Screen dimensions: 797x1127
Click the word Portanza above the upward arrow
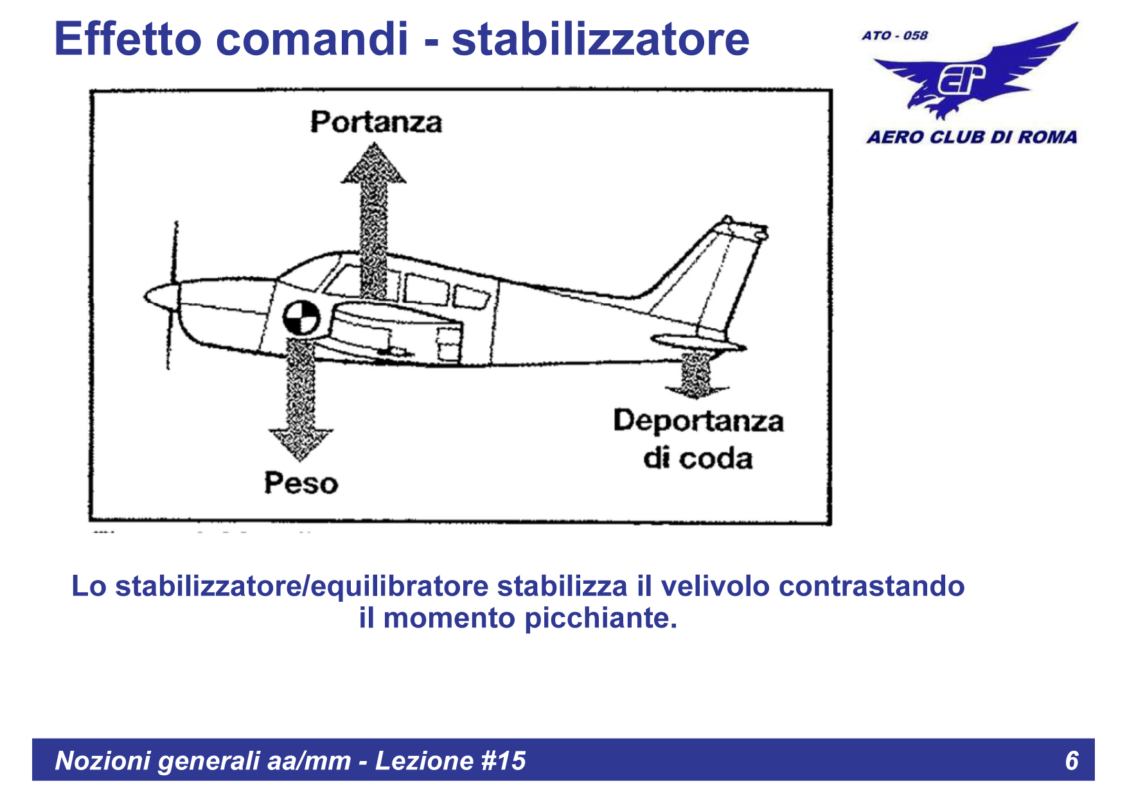click(x=376, y=122)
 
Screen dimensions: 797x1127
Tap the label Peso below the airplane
click(x=301, y=483)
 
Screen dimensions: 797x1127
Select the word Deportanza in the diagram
click(x=698, y=421)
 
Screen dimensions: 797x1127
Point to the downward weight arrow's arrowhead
click(x=301, y=443)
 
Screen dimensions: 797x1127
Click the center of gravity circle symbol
click(x=301, y=318)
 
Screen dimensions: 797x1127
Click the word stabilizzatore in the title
click(x=600, y=39)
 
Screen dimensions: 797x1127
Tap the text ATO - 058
click(x=895, y=36)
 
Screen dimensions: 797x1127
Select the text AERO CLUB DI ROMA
click(x=972, y=137)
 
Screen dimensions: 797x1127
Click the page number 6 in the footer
click(x=1071, y=760)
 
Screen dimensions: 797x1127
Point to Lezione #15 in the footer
click(x=450, y=760)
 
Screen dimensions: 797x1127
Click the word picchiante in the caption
click(x=600, y=618)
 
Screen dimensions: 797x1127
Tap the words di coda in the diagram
click(x=698, y=459)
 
